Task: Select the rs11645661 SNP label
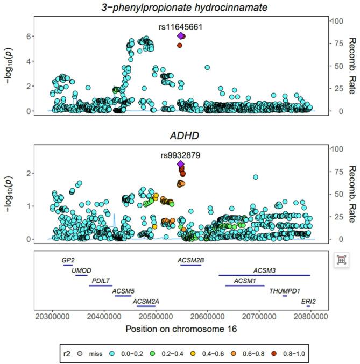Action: coord(181,25)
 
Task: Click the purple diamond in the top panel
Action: coord(181,36)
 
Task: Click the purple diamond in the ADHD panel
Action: coord(181,165)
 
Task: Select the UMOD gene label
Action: coord(81,270)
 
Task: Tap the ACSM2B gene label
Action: coord(190,260)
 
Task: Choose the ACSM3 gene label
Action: coord(264,270)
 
